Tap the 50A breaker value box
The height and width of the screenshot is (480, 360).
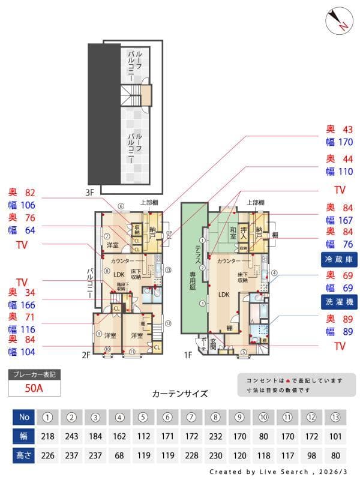(34, 388)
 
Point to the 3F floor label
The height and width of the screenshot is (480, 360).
(90, 193)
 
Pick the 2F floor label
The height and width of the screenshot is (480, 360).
(86, 355)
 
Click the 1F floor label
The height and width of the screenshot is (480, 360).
(188, 355)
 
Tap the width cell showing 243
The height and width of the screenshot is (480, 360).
(72, 436)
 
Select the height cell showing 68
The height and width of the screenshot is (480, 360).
(120, 455)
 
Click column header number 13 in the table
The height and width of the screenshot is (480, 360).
(337, 417)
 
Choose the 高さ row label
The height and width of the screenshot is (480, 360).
(24, 455)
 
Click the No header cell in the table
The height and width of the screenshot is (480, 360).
(24, 417)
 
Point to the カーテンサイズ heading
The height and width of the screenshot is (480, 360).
(180, 394)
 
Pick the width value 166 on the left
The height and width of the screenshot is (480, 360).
(28, 305)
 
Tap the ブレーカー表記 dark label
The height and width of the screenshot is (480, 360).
(34, 375)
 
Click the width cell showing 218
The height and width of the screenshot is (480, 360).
(48, 436)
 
